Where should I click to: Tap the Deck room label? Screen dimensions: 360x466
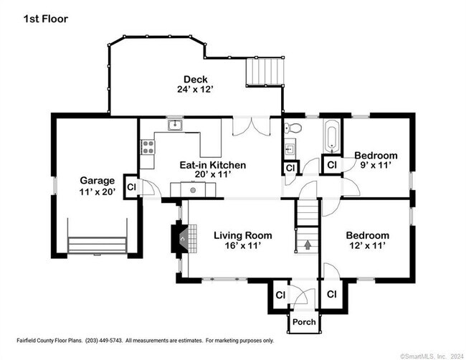[x=195, y=79]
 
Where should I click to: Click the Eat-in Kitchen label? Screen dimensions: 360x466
[x=212, y=165]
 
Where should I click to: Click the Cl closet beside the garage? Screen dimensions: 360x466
[x=131, y=186]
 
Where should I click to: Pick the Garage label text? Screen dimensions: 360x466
[x=97, y=181]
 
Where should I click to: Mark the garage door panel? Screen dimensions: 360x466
[x=97, y=245]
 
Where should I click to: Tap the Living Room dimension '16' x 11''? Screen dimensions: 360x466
[x=242, y=246]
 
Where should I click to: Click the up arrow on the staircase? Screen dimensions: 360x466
[x=308, y=245]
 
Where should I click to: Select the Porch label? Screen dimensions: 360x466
[x=305, y=322]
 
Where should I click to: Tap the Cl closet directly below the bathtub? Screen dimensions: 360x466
[x=332, y=165]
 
